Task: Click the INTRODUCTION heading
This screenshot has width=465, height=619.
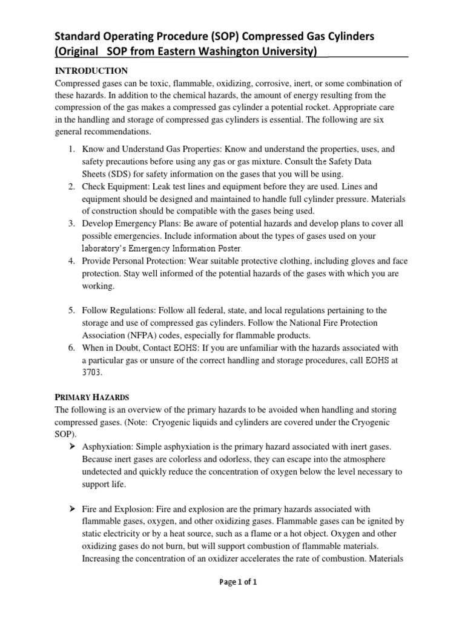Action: tap(91, 71)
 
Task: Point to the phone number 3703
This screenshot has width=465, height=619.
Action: tap(92, 373)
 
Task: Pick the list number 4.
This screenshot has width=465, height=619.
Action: tap(71, 261)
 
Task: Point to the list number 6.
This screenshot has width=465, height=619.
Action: tap(71, 348)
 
